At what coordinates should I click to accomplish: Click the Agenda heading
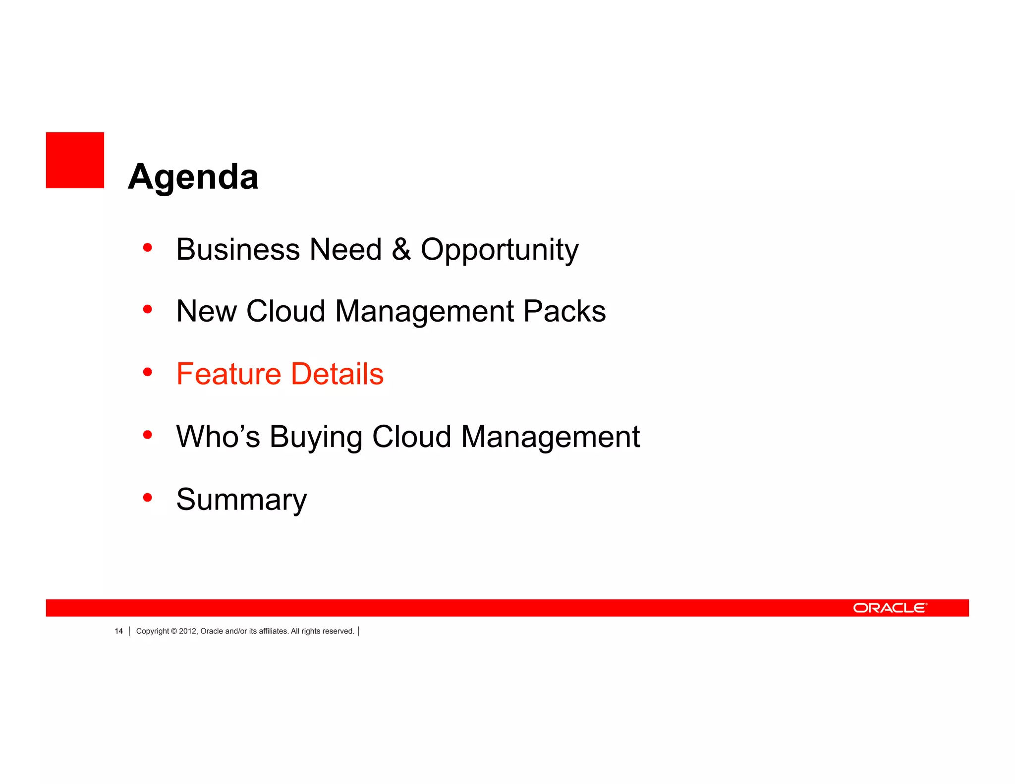click(193, 177)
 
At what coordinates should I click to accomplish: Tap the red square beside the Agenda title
click(75, 160)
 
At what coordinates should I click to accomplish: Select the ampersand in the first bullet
click(401, 249)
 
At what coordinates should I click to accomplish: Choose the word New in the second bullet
click(206, 311)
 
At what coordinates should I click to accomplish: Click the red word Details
click(337, 374)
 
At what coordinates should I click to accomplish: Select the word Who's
click(218, 437)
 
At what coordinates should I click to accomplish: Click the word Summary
click(241, 500)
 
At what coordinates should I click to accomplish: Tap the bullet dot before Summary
click(147, 497)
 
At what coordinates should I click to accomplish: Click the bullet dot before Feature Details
click(147, 372)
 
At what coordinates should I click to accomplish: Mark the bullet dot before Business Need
click(147, 247)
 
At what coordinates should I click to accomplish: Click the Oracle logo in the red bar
click(890, 608)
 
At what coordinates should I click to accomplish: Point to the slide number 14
click(119, 631)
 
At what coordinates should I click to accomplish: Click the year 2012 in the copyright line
click(187, 631)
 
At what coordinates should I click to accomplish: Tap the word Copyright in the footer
click(152, 631)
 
